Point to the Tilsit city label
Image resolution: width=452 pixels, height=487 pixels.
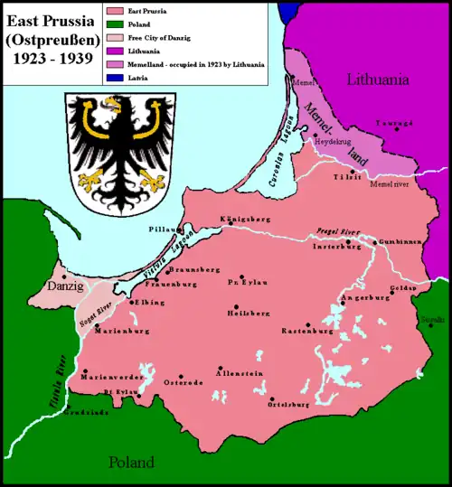coord(348,177)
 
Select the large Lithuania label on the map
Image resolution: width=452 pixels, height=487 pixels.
coord(378,80)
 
